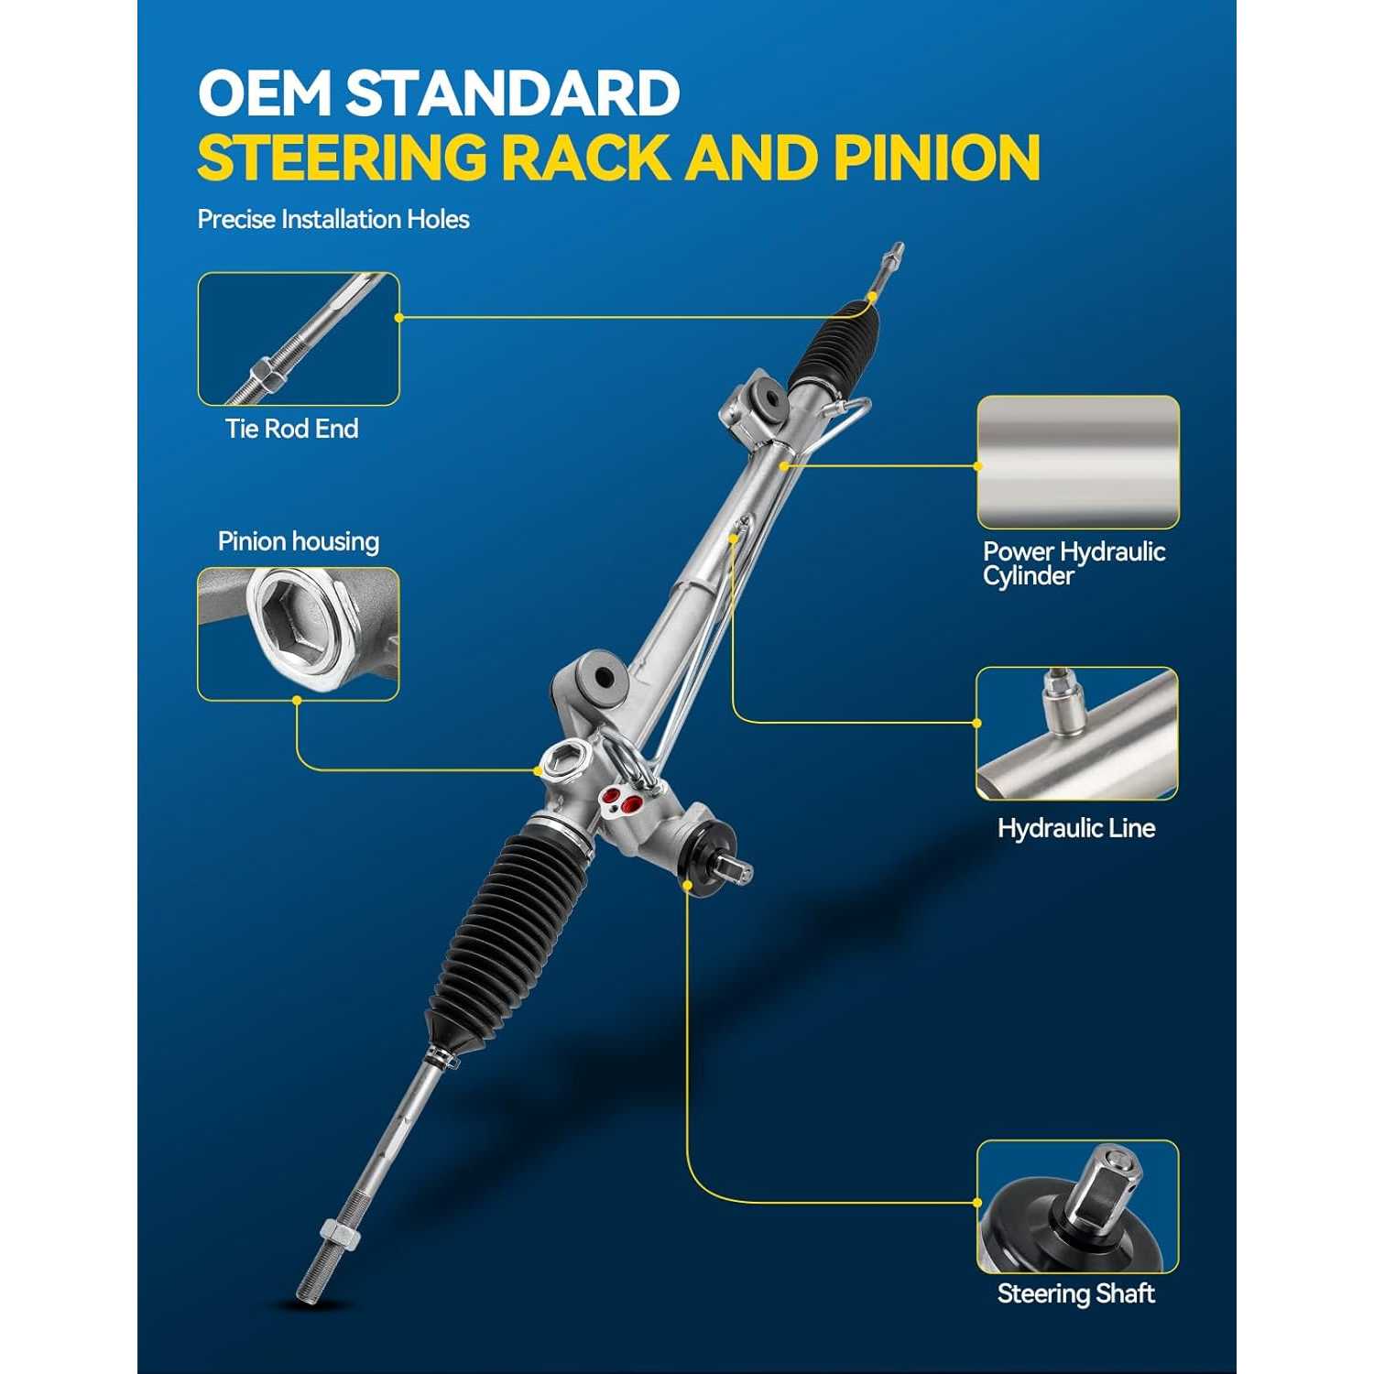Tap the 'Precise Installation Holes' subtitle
point(333,220)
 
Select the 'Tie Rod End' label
point(292,429)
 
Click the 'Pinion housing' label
point(299,541)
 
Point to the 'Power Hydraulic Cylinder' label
point(1074,563)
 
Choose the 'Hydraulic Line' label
point(1076,828)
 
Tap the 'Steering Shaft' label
point(1076,1293)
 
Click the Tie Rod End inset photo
point(299,339)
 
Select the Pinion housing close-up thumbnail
point(299,634)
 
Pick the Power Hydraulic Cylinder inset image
point(1078,463)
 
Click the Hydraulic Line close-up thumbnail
point(1077,734)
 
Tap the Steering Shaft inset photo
point(1077,1207)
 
